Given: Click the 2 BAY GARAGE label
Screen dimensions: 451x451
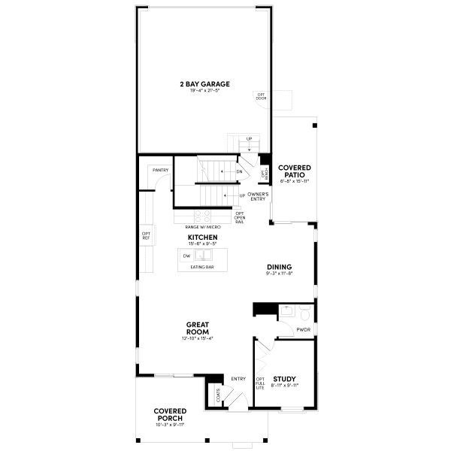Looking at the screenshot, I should [204, 83].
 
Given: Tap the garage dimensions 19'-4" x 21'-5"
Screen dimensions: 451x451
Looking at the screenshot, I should [204, 91].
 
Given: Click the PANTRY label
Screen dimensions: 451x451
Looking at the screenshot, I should [160, 171].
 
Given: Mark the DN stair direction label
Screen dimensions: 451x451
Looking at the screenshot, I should [239, 171].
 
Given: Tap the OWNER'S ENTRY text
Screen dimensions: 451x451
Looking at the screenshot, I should [258, 197].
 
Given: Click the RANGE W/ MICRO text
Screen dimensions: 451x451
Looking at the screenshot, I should [201, 225].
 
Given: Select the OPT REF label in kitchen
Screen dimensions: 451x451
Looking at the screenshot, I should [146, 236].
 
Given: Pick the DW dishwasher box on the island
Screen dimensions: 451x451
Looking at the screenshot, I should [186, 256].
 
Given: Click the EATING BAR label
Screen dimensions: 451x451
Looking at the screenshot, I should [201, 267].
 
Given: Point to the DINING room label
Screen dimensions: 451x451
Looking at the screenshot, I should [279, 268].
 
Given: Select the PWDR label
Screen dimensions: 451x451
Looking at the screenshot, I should [304, 329].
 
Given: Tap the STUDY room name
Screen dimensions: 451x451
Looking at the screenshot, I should [283, 379].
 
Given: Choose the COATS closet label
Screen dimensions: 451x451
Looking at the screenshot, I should [217, 394].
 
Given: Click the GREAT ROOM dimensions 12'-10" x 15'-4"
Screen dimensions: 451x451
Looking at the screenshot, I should [197, 338].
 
